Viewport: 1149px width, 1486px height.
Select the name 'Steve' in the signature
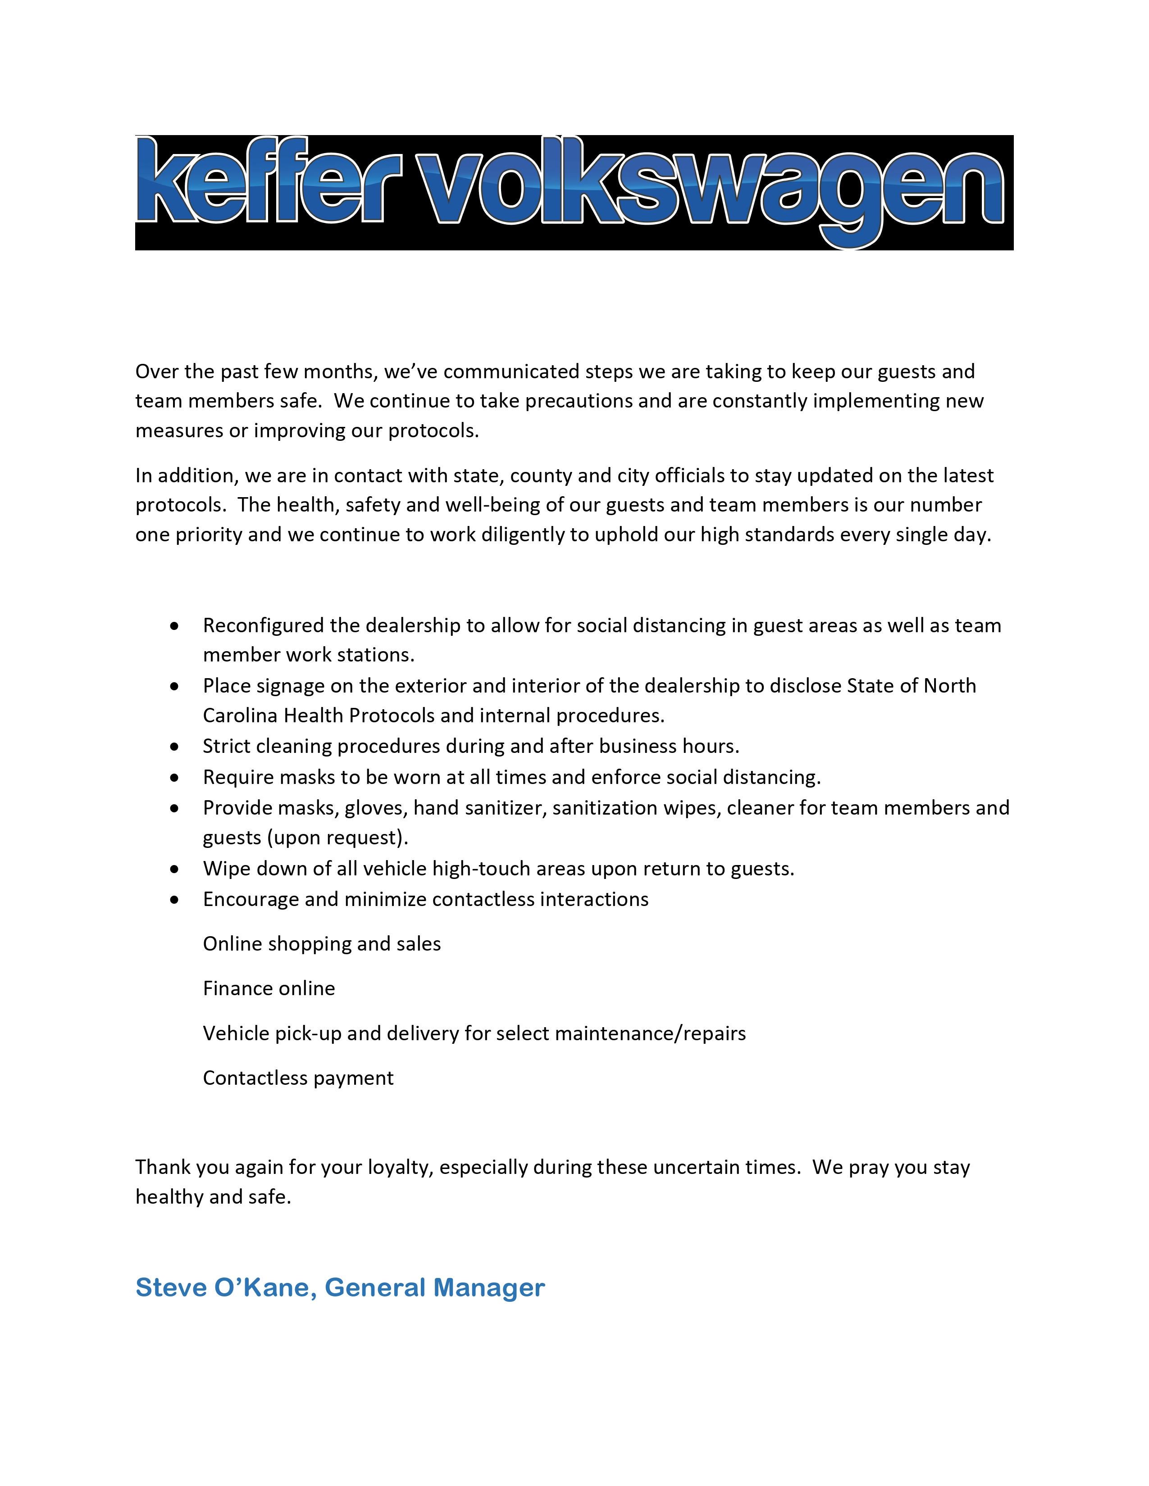click(171, 1287)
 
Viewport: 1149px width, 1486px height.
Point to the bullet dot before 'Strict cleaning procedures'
click(176, 747)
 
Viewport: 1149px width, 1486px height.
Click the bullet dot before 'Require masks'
click(176, 777)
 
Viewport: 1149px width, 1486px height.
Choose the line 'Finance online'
click(269, 988)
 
